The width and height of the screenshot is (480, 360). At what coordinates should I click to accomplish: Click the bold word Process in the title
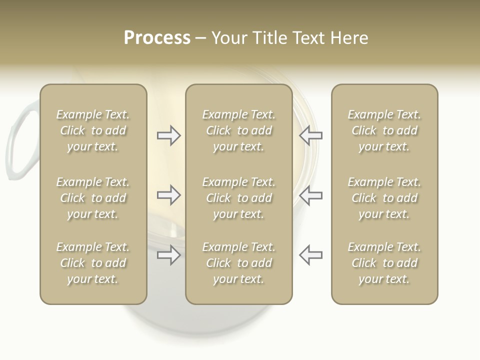coord(157,38)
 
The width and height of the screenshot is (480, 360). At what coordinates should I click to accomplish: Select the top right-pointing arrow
coord(168,135)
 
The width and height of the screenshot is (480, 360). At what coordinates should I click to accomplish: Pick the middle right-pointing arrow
coord(168,194)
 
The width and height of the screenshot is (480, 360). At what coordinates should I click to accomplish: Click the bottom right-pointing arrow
coord(168,255)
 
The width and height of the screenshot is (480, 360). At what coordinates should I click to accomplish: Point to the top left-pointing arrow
coord(310,135)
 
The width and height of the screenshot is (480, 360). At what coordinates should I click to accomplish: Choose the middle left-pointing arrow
coord(310,194)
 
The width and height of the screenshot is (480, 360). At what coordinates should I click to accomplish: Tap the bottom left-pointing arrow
coord(310,255)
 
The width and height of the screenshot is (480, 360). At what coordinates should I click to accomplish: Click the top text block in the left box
coord(93,130)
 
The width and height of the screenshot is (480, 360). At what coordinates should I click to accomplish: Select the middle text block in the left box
coord(93,198)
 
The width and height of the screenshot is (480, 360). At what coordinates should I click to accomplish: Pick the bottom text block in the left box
coord(93,263)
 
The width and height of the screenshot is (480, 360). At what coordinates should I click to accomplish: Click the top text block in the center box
coord(238,130)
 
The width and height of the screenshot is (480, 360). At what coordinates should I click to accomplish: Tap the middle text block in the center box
coord(238,198)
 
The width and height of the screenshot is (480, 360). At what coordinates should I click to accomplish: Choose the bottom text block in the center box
coord(238,263)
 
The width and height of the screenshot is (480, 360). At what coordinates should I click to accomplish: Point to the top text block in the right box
coord(384,130)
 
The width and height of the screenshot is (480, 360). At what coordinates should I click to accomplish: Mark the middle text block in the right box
coord(384,198)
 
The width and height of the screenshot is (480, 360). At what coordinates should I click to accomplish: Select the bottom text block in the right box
coord(384,263)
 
